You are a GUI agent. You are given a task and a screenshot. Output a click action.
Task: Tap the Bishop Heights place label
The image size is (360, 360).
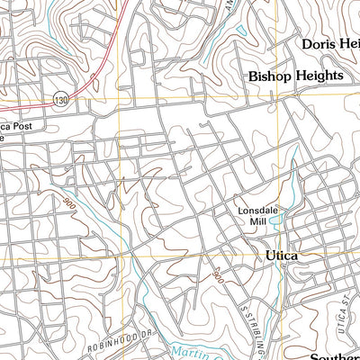coord(295,76)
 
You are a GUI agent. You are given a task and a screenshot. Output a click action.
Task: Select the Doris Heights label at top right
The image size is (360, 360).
coord(330,43)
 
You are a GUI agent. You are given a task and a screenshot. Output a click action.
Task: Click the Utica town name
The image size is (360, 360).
coord(282,256)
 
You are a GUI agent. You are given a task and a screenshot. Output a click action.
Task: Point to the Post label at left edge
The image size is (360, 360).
coord(25,128)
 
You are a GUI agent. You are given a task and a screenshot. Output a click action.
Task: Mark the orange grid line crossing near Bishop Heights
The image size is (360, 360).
coord(280,97)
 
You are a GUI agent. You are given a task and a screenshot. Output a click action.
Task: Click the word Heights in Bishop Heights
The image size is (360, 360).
coord(318,76)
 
